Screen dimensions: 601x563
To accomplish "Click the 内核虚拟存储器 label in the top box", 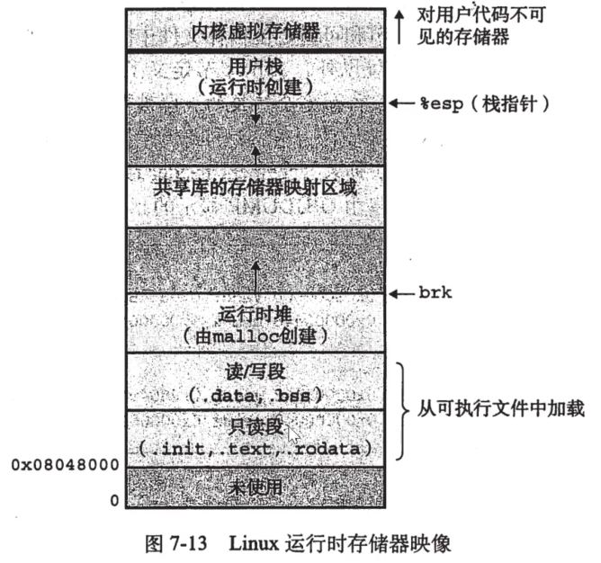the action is coord(256,31).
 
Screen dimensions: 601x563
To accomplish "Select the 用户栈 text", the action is coord(256,67).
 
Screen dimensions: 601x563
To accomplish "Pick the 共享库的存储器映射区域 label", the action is coord(256,189).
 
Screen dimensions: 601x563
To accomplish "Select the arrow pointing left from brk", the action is coord(401,293).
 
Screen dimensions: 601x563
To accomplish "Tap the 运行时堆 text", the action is coord(256,314).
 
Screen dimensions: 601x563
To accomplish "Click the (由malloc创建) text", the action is coord(256,335).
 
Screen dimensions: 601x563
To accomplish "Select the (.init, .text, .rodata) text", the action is coord(256,447).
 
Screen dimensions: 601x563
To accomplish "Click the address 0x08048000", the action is coord(64,465).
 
